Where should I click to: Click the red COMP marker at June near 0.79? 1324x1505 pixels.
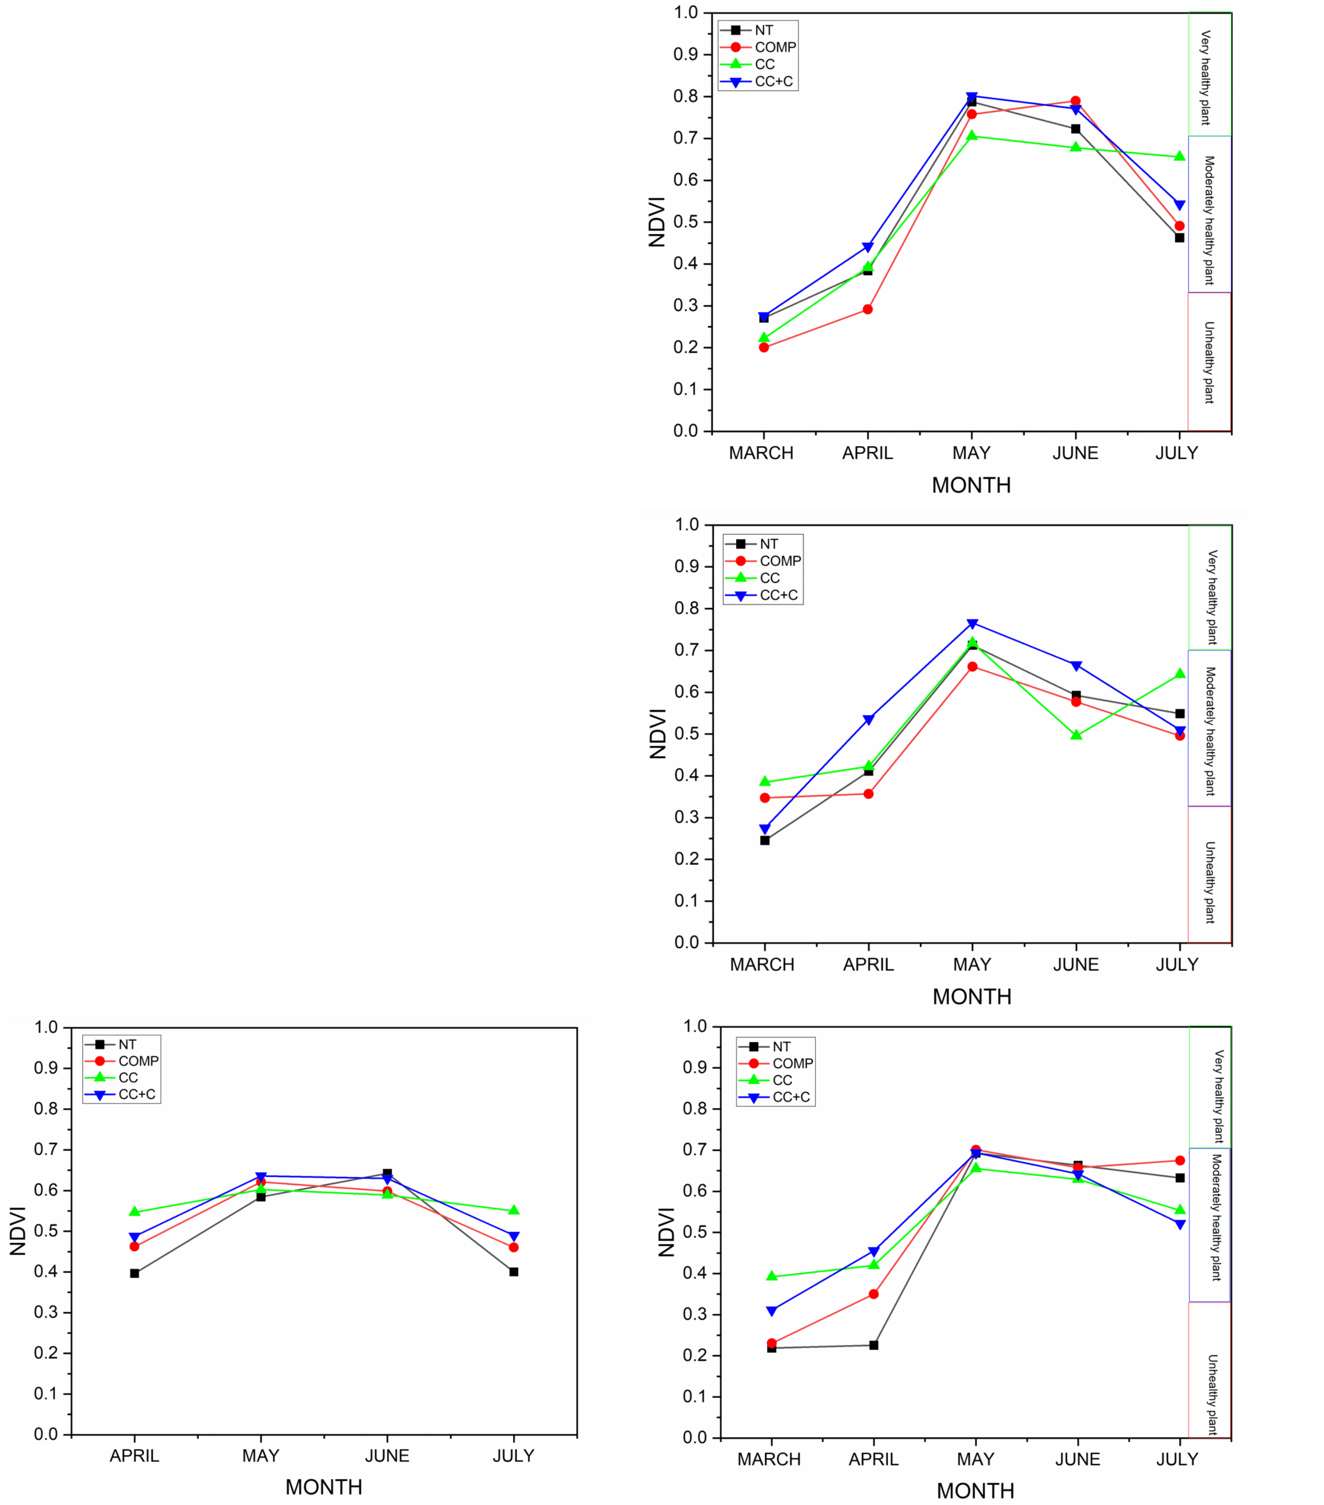(1075, 101)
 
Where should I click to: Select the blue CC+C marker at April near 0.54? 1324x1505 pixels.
(868, 720)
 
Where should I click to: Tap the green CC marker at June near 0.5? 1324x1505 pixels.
(1076, 735)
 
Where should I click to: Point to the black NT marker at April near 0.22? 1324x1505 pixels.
(873, 1345)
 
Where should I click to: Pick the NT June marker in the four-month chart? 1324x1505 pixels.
(387, 1173)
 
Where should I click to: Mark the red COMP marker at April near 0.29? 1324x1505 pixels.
(867, 309)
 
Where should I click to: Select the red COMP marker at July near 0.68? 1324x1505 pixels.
(1180, 1160)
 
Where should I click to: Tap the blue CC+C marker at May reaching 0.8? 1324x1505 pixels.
(971, 96)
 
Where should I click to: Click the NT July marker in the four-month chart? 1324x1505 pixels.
(513, 1272)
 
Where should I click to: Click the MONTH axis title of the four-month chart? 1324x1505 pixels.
(323, 1487)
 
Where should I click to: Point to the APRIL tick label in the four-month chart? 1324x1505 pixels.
(134, 1456)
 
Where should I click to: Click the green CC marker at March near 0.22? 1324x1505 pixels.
(764, 338)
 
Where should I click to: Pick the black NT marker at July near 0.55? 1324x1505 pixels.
(1180, 714)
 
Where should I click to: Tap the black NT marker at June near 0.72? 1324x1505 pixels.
(1075, 129)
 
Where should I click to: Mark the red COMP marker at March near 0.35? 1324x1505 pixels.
(764, 797)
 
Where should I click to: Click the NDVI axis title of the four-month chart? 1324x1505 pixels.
(17, 1230)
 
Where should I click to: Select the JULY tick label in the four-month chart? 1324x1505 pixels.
(513, 1456)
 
